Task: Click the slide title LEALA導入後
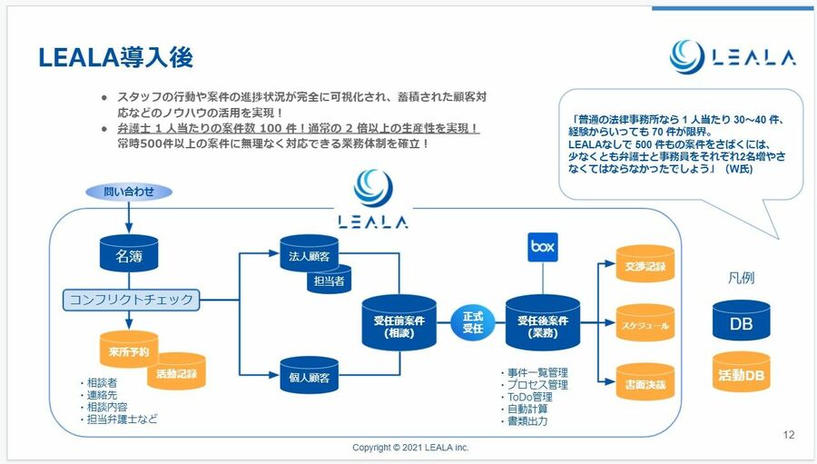pos(116,57)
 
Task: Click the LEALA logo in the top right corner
pos(733,56)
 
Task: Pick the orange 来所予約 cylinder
pos(129,350)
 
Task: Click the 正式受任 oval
pos(473,322)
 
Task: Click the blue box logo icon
pos(542,246)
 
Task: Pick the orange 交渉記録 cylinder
pos(645,266)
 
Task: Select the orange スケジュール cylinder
pos(645,324)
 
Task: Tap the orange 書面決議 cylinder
pos(645,383)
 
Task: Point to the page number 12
pos(788,435)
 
